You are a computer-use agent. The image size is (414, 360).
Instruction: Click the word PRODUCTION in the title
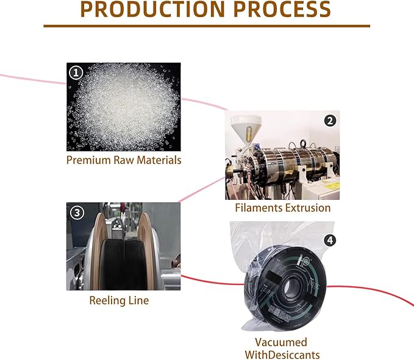point(152,9)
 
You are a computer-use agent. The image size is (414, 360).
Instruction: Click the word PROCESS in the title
point(282,9)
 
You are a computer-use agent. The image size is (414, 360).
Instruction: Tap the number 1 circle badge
point(76,72)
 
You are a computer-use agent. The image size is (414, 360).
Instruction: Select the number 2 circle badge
point(330,121)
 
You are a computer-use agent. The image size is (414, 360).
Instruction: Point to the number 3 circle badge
point(77,213)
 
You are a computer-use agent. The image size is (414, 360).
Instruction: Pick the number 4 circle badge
point(330,240)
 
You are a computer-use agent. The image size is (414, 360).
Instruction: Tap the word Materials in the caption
point(159,160)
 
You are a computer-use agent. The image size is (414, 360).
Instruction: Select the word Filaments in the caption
point(259,208)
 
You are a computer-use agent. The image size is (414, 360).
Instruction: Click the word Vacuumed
point(281,342)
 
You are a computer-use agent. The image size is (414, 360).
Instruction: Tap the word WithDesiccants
point(282,355)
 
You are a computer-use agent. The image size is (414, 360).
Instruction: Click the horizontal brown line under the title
point(207,26)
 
